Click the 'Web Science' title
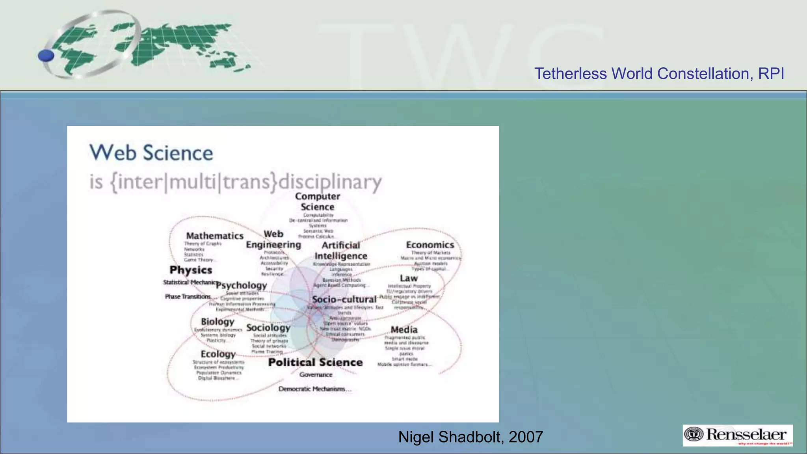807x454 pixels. pyautogui.click(x=151, y=153)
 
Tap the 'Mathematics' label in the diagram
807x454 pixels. pyautogui.click(x=215, y=236)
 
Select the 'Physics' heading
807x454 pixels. pyautogui.click(x=191, y=270)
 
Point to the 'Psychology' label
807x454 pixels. pyautogui.click(x=241, y=285)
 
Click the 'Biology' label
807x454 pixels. pyautogui.click(x=218, y=322)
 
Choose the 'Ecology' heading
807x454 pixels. pyautogui.click(x=218, y=354)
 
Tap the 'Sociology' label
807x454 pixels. pyautogui.click(x=268, y=327)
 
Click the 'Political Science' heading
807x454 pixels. pyautogui.click(x=315, y=362)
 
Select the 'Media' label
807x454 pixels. pyautogui.click(x=404, y=329)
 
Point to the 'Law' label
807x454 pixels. pyautogui.click(x=409, y=278)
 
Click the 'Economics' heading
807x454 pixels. pyautogui.click(x=430, y=245)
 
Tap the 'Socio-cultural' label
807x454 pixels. pyautogui.click(x=344, y=300)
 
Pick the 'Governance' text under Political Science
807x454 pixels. pyautogui.click(x=316, y=375)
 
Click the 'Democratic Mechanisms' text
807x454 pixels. pyautogui.click(x=314, y=389)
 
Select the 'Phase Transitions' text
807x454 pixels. pyautogui.click(x=188, y=296)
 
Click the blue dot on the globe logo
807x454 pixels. pyautogui.click(x=46, y=56)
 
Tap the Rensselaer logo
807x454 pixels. pyautogui.click(x=738, y=435)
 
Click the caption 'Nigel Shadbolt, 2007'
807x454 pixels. pyautogui.click(x=470, y=437)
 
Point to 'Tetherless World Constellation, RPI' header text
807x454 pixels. pyautogui.click(x=659, y=74)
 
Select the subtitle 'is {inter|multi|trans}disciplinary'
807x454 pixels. pyautogui.click(x=236, y=182)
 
